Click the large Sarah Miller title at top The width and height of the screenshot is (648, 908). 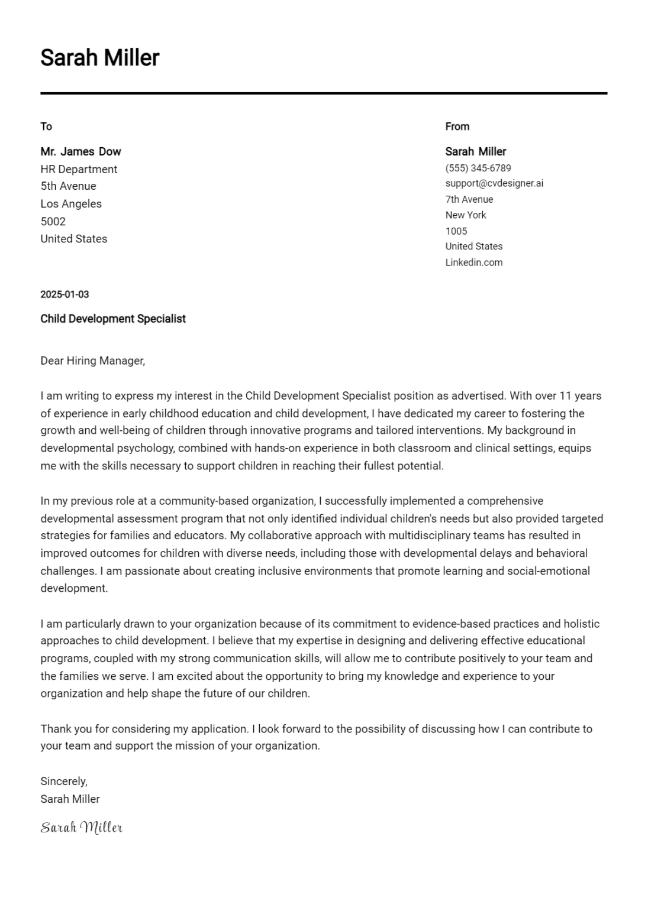(x=99, y=58)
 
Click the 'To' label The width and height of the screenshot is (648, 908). (x=46, y=127)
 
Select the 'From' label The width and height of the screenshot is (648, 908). (x=457, y=127)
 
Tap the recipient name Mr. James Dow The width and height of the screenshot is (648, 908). (x=80, y=151)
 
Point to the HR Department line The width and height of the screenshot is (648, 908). (x=79, y=169)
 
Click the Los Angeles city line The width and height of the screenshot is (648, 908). (x=71, y=204)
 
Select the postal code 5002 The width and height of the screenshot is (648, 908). (x=53, y=222)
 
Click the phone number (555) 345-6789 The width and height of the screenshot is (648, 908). (x=478, y=168)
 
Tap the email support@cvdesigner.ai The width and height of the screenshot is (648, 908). (x=494, y=183)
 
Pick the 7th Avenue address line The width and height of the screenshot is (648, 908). (x=469, y=199)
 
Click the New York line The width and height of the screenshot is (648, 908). (x=466, y=215)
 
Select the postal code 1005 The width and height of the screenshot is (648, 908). (x=456, y=231)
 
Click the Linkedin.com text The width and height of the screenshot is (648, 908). (x=474, y=262)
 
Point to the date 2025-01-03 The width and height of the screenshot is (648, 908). (x=65, y=294)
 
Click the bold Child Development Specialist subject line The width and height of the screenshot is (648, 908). (x=113, y=319)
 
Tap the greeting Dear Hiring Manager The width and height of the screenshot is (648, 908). (x=92, y=361)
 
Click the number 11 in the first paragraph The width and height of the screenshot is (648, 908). (x=566, y=395)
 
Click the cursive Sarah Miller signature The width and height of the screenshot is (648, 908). (x=82, y=827)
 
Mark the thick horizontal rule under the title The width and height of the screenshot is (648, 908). (x=324, y=93)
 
